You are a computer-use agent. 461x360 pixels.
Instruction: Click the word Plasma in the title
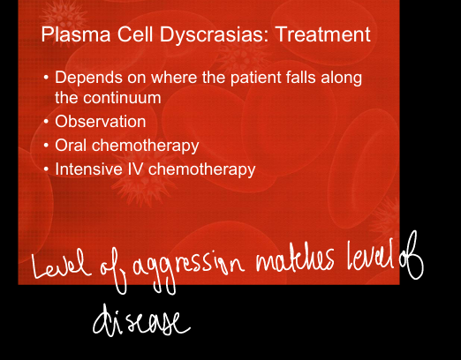click(76, 34)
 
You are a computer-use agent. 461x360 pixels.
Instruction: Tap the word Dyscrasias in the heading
click(214, 35)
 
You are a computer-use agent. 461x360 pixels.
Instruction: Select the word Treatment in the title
click(323, 34)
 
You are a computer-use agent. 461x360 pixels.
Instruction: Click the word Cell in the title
click(135, 34)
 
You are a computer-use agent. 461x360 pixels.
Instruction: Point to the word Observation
click(101, 122)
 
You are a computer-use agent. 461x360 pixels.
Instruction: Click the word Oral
click(72, 145)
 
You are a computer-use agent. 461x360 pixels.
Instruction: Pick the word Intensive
click(88, 169)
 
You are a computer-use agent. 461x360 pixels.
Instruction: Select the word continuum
click(122, 98)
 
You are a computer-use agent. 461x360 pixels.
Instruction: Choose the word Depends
click(88, 79)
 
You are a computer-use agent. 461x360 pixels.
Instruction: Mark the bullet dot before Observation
click(46, 122)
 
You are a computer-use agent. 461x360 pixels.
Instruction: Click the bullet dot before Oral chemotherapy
click(46, 145)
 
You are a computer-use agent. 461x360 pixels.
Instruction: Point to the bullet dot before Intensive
click(46, 169)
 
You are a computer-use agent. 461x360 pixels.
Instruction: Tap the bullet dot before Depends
click(46, 78)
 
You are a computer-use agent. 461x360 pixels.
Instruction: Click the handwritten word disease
click(141, 321)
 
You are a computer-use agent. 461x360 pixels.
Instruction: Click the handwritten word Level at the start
click(61, 265)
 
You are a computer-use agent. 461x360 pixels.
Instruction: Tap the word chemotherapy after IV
click(201, 169)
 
